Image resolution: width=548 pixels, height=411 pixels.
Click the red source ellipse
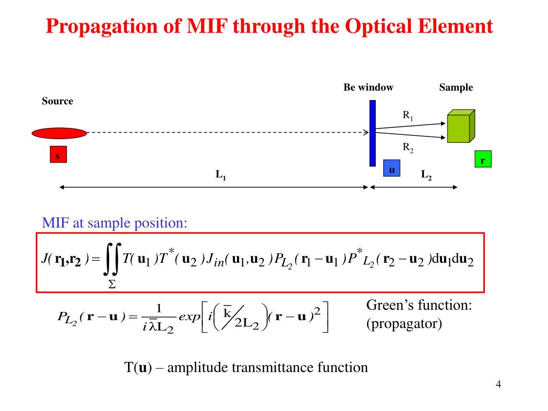58,132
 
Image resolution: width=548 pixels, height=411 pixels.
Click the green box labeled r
483,160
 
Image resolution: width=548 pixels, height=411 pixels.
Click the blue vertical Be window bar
372,133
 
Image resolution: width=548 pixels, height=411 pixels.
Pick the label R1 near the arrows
408,115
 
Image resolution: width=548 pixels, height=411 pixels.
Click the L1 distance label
220,174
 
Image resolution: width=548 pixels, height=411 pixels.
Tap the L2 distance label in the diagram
427,174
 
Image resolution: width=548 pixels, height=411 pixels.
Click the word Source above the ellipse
57,101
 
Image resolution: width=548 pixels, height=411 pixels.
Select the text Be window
368,87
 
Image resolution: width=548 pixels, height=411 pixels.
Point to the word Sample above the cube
456,87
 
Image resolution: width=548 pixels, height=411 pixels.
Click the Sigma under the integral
112,285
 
